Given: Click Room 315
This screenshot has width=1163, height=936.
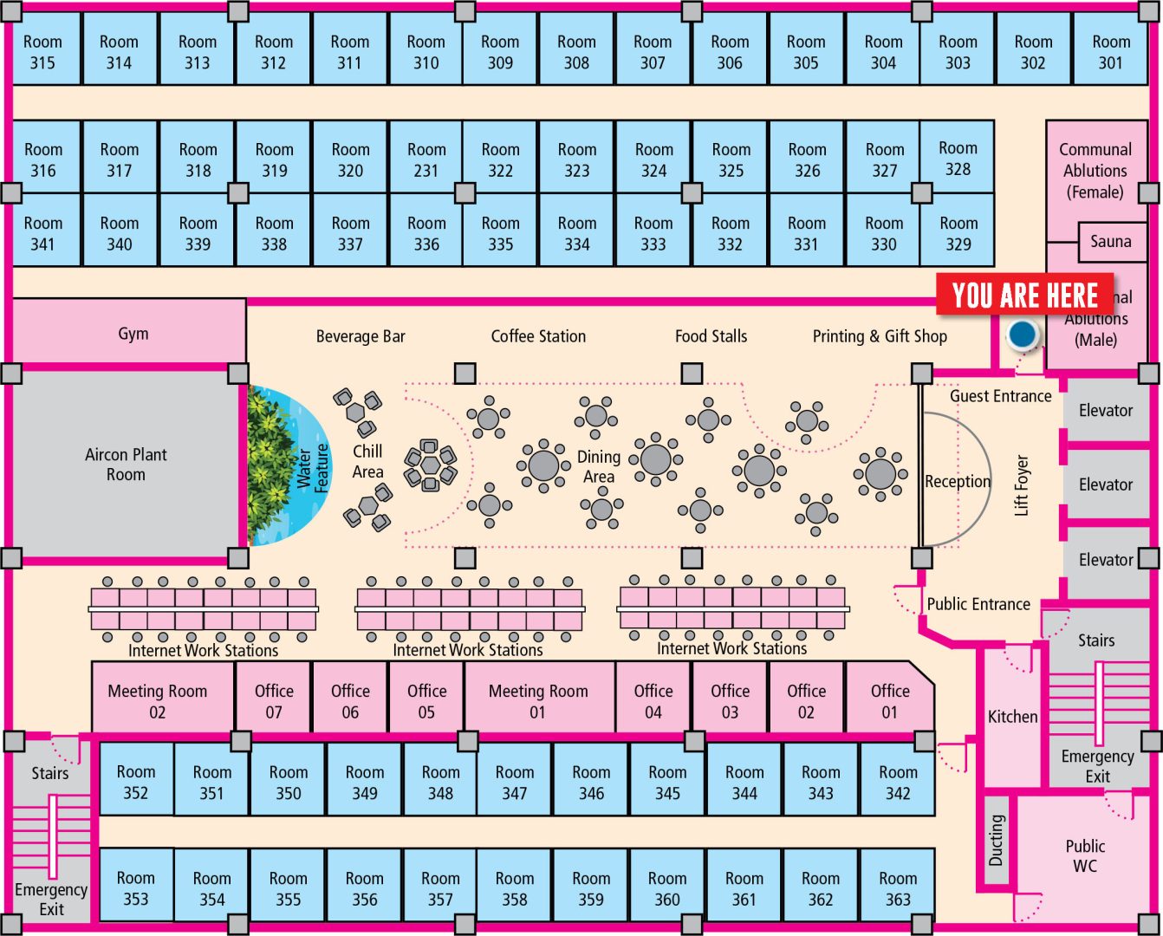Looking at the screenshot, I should coord(42,52).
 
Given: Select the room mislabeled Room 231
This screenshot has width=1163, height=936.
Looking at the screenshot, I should coord(426,159).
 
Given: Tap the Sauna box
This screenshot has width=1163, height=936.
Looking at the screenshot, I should coord(1110,242).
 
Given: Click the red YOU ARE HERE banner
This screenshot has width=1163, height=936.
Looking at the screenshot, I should coord(1024,296).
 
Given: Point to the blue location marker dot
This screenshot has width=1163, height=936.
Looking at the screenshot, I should coord(1023,333).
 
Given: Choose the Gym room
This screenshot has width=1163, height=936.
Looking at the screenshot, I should coord(133,334).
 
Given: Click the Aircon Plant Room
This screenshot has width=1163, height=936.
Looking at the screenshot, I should coord(126,465).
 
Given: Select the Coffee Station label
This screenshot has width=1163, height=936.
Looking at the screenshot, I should coord(538,336).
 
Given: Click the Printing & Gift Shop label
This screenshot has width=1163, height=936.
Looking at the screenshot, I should coord(880,336).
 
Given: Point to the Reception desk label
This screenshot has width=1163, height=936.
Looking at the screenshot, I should coord(957,481).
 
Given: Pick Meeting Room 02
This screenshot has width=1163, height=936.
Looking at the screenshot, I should coord(158,701).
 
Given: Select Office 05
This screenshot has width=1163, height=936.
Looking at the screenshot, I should coord(426,701).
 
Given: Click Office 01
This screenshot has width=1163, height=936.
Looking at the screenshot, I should coord(890,701).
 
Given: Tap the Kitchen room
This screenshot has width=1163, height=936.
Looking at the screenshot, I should coord(1012,717).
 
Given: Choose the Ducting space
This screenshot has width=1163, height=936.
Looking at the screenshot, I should coord(997,840).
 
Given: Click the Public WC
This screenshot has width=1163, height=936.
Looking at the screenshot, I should coord(1085,855).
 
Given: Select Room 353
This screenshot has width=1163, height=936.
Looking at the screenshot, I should coord(136,888).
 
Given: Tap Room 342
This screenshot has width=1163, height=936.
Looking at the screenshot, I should coord(898,782).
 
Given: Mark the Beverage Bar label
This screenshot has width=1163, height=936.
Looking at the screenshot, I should coord(361,336).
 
